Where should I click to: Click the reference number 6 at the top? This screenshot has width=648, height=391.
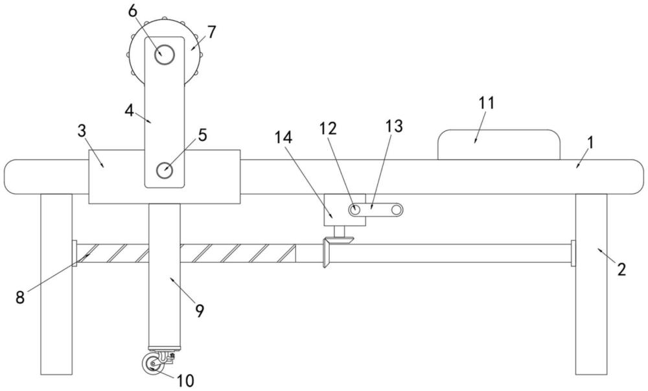click(133, 12)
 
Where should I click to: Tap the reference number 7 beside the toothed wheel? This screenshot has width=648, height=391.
click(212, 32)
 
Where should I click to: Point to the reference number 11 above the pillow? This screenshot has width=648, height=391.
click(487, 103)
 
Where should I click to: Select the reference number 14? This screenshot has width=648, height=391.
click(284, 137)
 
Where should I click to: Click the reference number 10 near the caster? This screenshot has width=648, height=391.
click(185, 380)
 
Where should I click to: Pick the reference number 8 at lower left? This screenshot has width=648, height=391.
click(20, 297)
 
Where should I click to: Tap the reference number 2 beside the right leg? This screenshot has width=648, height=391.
click(621, 270)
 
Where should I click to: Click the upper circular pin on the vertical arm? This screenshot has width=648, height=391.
click(165, 54)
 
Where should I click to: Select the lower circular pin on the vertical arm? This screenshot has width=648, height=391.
click(165, 171)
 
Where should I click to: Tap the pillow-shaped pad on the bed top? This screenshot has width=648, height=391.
click(499, 145)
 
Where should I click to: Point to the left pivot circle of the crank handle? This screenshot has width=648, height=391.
click(354, 209)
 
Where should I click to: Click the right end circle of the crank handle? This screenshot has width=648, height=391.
click(397, 210)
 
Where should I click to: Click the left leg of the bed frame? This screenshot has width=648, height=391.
click(56, 284)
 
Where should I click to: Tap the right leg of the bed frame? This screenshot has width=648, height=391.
click(592, 284)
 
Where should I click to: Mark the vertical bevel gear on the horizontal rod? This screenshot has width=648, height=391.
click(326, 253)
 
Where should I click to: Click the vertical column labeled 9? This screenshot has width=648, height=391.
click(165, 275)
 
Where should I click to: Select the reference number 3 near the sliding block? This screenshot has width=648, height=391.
click(82, 131)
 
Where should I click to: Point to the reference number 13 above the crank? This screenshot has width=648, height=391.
click(394, 126)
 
